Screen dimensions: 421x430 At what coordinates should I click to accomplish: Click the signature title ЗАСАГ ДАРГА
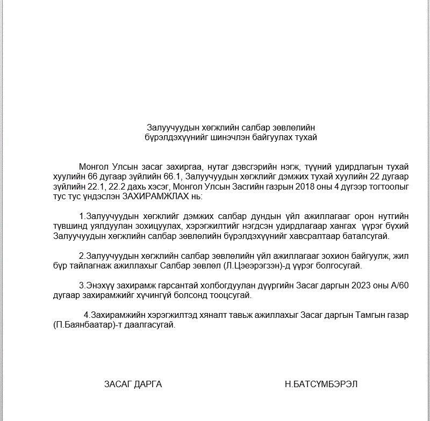click(133, 384)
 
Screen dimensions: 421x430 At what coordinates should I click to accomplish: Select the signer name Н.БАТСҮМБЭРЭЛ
click(321, 384)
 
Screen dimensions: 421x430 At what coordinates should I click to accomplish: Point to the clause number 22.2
click(118, 186)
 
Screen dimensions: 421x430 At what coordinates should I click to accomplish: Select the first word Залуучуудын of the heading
click(170, 127)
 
